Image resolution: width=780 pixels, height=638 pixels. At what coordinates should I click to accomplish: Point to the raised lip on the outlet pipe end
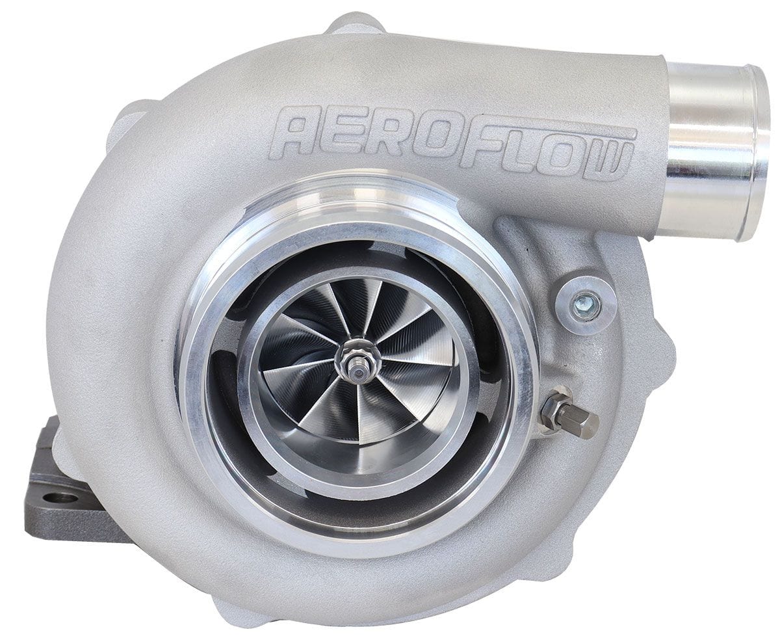click(758, 153)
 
